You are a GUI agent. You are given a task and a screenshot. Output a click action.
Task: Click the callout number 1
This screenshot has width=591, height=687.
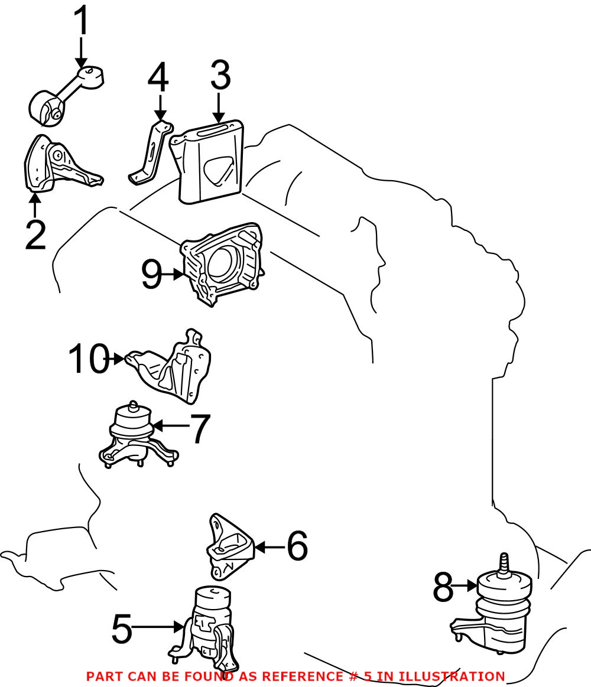82,22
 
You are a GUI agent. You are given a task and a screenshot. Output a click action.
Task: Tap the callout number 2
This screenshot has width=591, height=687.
35,235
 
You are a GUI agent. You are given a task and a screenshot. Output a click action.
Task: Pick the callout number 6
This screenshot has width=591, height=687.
297,546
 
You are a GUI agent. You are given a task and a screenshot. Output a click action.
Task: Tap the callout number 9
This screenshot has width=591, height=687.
152,275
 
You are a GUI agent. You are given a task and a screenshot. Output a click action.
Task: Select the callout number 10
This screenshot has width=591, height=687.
89,359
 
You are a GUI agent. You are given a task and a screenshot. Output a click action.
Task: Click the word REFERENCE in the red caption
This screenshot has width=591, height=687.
302,676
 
